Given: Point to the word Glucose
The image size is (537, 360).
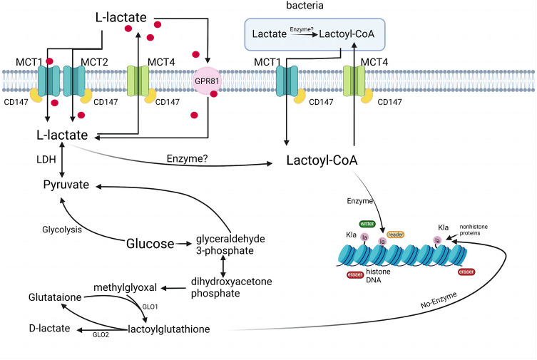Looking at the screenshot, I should [x=150, y=245].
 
